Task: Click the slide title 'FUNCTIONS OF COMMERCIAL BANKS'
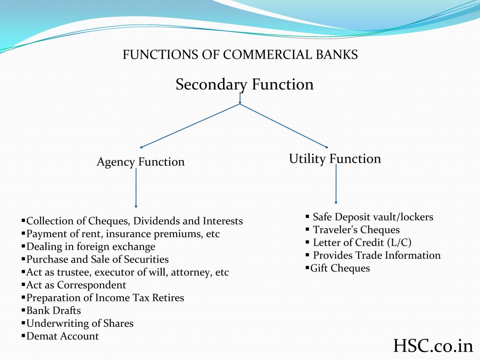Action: (240, 55)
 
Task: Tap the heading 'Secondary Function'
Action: (244, 84)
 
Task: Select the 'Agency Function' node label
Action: (141, 162)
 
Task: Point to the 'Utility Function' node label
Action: (335, 159)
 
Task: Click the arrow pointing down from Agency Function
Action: (136, 187)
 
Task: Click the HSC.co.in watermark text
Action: (433, 346)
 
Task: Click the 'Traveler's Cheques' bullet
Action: (356, 230)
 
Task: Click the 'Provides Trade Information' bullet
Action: (376, 255)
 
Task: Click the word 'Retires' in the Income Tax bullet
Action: (168, 298)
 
